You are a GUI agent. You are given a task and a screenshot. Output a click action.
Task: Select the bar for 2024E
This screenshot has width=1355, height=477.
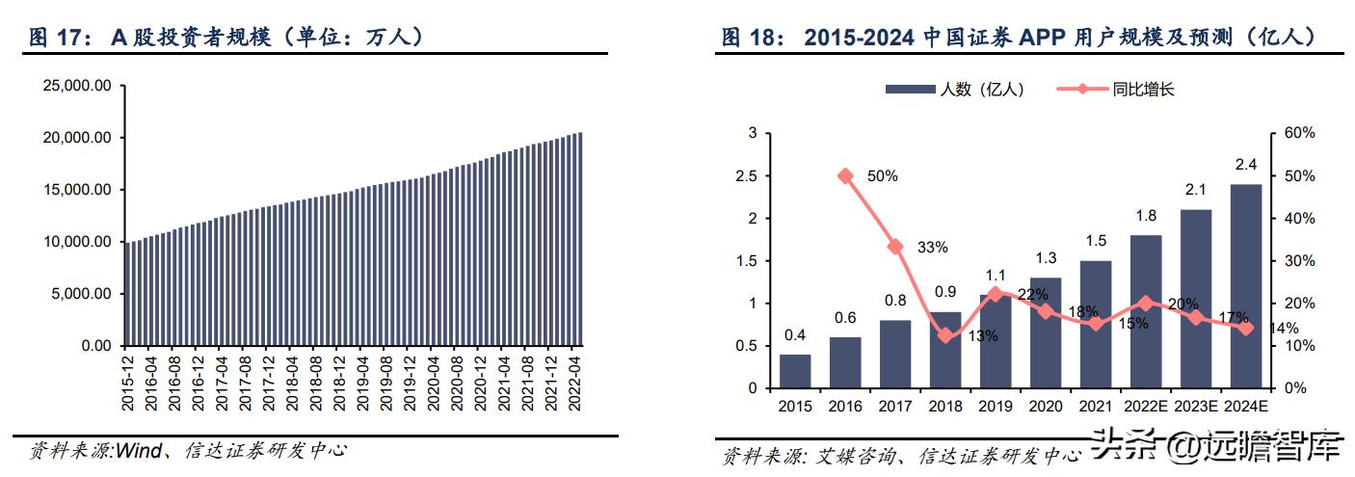click(x=1245, y=286)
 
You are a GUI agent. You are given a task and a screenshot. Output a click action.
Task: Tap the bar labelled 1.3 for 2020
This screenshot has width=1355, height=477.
click(x=1045, y=332)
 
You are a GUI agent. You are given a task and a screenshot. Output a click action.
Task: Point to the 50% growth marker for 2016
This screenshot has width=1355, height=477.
click(x=845, y=176)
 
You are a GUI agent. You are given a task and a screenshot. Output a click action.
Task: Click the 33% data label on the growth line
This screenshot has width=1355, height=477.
click(x=932, y=248)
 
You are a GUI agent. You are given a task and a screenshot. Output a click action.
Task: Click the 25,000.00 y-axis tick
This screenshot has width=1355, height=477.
click(x=78, y=86)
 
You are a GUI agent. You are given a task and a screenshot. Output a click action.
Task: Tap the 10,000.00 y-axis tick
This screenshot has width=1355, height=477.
click(x=78, y=242)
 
